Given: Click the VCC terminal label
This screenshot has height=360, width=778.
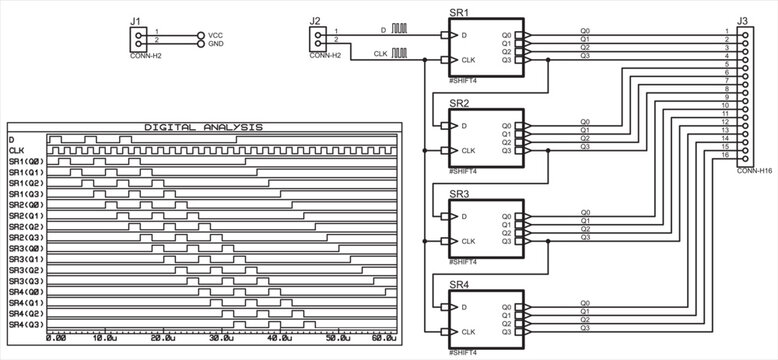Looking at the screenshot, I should point(215,35).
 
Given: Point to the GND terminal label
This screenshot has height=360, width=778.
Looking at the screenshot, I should point(215,44).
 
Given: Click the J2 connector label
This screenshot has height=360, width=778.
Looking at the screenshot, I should point(315,20).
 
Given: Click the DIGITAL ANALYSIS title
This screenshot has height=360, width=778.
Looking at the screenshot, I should point(203,127).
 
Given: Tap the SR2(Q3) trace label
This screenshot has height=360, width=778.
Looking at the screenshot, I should point(27,237).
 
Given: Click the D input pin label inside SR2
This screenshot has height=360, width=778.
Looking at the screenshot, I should point(463,126).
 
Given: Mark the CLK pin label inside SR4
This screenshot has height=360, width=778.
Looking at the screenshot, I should point(468,332).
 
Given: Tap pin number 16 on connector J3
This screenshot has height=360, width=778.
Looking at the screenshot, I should point(725,155).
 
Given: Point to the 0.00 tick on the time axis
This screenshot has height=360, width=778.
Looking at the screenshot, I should point(56,339).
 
